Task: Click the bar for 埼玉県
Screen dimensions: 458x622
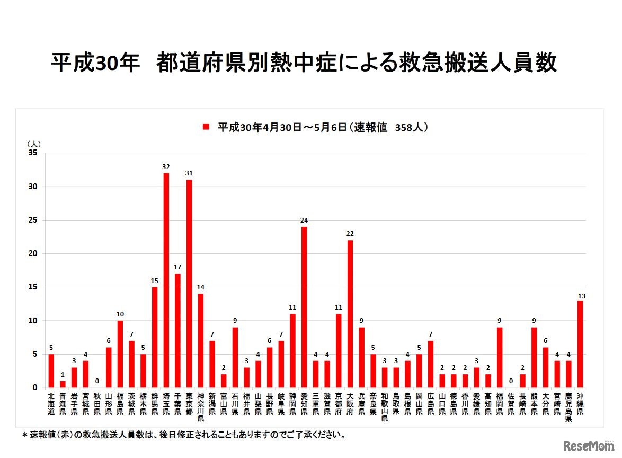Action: tap(166, 280)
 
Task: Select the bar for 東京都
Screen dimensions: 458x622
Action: tap(189, 284)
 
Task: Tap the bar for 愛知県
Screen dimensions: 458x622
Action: tap(304, 307)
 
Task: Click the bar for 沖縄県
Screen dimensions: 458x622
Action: tap(580, 344)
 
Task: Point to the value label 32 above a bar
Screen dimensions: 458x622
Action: tap(166, 167)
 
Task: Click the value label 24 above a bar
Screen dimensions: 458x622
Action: tap(304, 221)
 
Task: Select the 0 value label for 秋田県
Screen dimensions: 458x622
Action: tap(97, 381)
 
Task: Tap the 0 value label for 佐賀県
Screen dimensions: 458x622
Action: tap(511, 381)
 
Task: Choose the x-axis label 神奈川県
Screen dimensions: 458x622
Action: tap(201, 407)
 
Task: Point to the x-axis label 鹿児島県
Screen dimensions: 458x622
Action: tap(568, 407)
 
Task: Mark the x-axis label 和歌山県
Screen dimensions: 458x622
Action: tap(385, 407)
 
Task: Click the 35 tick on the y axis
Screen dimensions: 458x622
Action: tap(33, 154)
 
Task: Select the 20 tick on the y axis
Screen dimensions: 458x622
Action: tap(33, 254)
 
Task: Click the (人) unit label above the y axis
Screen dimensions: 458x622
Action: tap(33, 143)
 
